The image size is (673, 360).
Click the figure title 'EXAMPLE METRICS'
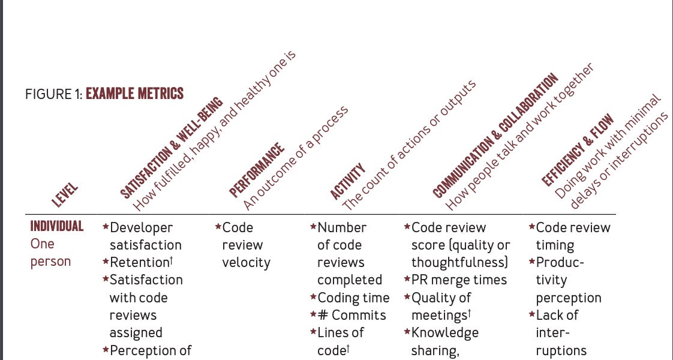[135, 94]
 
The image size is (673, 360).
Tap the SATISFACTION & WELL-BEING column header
[171, 148]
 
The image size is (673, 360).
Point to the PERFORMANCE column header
[256, 170]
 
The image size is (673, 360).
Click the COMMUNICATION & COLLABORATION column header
[495, 136]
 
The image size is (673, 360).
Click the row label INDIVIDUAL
[57, 226]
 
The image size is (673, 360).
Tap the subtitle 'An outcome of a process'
[295, 159]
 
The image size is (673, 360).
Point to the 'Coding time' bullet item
[353, 298]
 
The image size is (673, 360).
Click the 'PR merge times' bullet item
[459, 280]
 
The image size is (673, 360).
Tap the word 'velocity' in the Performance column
[246, 262]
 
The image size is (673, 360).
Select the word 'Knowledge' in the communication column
[445, 332]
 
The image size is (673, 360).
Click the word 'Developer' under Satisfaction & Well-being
[142, 227]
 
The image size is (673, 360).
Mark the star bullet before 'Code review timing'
[531, 227]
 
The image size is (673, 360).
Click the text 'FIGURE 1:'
[53, 94]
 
